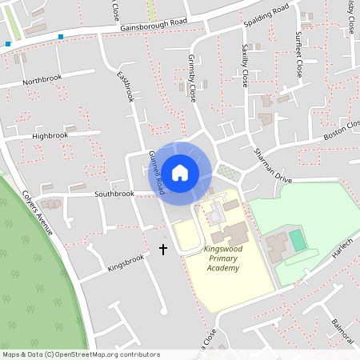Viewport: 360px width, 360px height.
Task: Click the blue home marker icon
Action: (180, 172)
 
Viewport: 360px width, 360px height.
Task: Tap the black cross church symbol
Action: (163, 250)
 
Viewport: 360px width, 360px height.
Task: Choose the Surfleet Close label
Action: (298, 54)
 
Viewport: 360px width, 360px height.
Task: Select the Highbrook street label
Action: (50, 136)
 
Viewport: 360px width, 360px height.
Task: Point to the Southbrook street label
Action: (114, 194)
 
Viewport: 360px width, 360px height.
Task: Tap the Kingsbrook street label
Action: (125, 263)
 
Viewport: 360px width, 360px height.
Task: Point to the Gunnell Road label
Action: (157, 173)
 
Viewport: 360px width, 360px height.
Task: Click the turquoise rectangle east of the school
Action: (298, 239)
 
